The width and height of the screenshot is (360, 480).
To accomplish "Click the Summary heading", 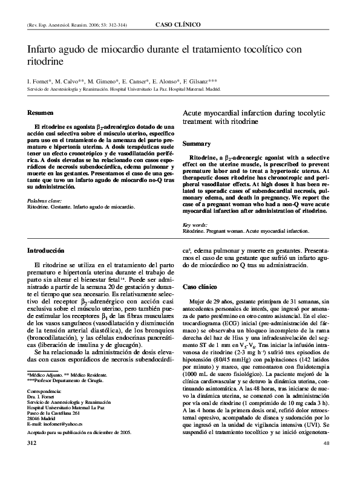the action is click(x=197, y=144).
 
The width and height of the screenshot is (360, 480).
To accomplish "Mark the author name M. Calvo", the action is click(x=62, y=80).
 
